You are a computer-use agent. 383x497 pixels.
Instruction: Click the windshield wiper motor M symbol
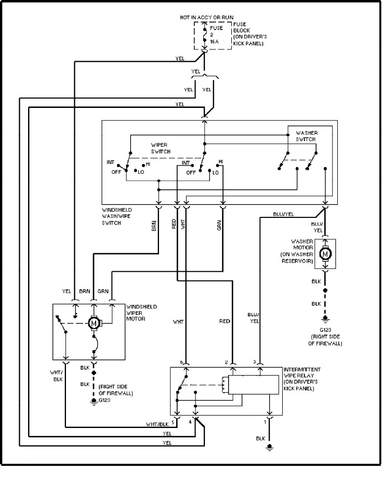point(95,323)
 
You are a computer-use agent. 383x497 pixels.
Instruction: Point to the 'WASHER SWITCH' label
point(307,136)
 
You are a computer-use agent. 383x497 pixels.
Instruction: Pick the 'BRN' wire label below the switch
point(154,227)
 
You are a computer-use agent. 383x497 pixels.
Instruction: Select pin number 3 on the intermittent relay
point(255,362)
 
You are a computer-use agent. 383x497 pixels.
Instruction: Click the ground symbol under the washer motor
point(326,319)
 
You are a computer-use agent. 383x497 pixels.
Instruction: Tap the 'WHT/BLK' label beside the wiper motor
point(56,376)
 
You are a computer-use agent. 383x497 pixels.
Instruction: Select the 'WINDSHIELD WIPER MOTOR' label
point(142,312)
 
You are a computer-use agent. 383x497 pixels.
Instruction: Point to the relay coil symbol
point(224,384)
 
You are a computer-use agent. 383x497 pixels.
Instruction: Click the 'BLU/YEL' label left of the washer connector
point(283,214)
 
